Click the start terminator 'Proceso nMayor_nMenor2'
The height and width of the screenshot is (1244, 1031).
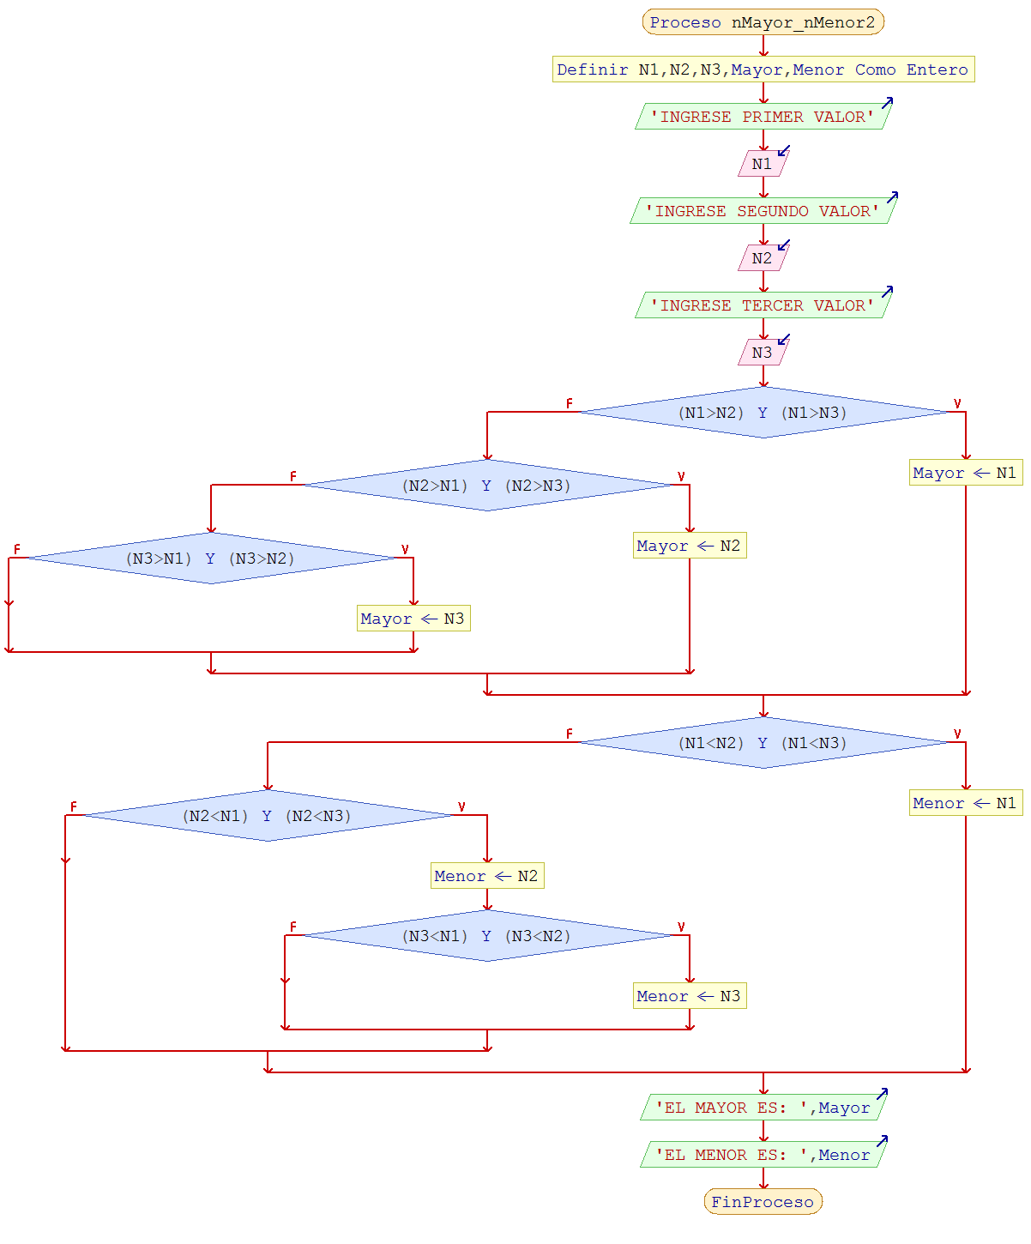[763, 22]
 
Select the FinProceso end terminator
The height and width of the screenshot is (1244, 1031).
[763, 1201]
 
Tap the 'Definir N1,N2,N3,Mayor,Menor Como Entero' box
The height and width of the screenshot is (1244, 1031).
[763, 69]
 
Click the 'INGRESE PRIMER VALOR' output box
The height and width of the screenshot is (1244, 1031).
[763, 117]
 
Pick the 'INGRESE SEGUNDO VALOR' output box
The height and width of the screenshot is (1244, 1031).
[763, 211]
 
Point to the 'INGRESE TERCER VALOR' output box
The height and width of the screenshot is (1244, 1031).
[763, 305]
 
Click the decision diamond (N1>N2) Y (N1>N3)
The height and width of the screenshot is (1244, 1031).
[763, 413]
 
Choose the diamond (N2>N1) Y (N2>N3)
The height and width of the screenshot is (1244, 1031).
[486, 486]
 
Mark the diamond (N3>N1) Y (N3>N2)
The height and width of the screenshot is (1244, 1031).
[210, 559]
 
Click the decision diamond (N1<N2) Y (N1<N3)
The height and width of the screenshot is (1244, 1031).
[763, 743]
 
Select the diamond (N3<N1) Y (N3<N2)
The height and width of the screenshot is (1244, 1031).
[486, 936]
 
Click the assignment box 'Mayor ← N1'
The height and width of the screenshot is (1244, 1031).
[965, 473]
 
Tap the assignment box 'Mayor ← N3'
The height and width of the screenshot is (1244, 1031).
[413, 619]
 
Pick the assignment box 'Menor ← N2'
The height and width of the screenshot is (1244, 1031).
[486, 876]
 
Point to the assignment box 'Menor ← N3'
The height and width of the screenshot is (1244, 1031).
[689, 996]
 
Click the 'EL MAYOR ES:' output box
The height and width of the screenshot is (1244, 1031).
[763, 1108]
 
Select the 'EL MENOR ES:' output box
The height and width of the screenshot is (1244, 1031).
[763, 1155]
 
